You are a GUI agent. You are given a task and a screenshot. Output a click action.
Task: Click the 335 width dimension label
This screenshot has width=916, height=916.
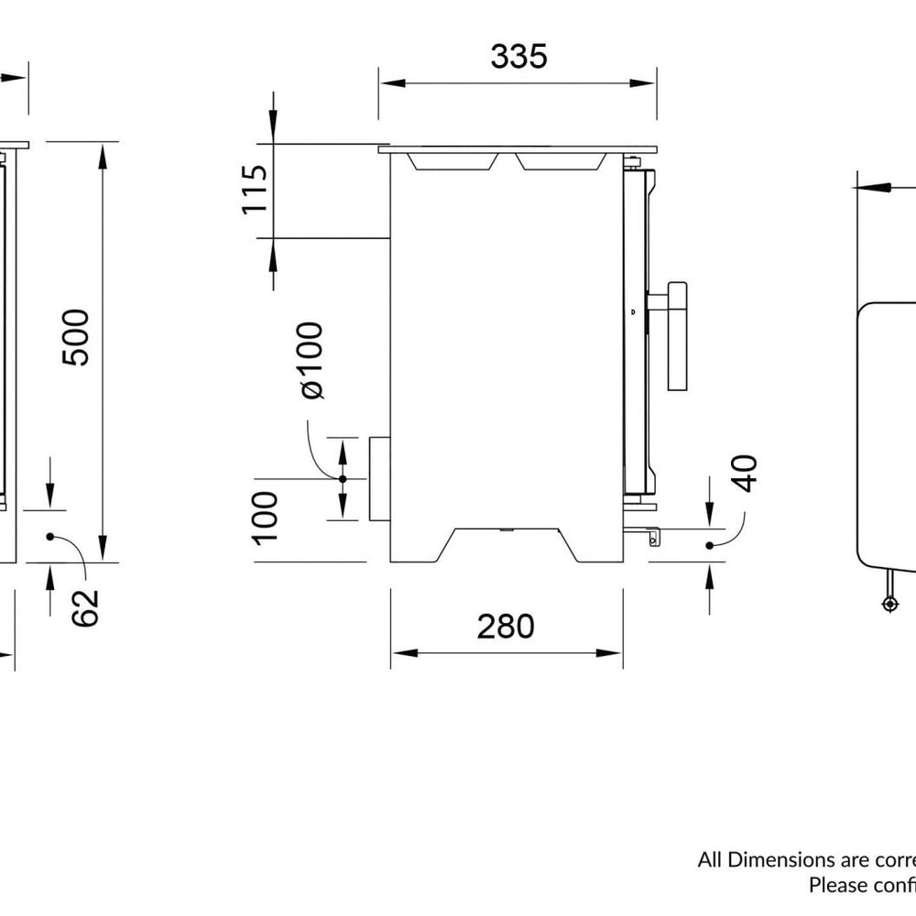(x=518, y=56)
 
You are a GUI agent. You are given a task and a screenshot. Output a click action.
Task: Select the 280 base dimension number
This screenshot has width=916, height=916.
(x=505, y=627)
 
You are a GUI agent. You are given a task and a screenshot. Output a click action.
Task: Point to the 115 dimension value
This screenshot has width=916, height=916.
(x=255, y=190)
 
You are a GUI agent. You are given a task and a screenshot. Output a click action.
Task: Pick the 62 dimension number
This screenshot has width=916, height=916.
(x=83, y=607)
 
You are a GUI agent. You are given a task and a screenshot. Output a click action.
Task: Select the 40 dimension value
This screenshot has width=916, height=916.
(x=747, y=473)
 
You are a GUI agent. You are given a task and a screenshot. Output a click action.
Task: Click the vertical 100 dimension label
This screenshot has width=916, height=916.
(x=265, y=517)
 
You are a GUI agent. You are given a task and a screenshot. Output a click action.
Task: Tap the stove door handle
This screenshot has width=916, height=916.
(x=676, y=336)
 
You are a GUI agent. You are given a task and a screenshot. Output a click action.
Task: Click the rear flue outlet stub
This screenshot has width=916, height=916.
(x=378, y=478)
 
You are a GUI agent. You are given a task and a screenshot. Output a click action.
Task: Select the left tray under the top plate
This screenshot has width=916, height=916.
(x=453, y=161)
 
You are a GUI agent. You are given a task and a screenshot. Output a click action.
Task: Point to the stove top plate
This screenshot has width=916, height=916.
(x=518, y=147)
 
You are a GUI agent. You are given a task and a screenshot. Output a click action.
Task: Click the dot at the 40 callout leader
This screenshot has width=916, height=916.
(x=710, y=545)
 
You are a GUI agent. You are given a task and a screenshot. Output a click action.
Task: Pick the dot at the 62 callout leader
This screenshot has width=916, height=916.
(x=50, y=537)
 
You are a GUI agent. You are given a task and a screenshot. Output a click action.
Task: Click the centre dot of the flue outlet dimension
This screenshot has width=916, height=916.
(x=343, y=478)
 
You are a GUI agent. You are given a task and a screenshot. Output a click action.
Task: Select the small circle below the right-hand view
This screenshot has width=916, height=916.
(x=889, y=604)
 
